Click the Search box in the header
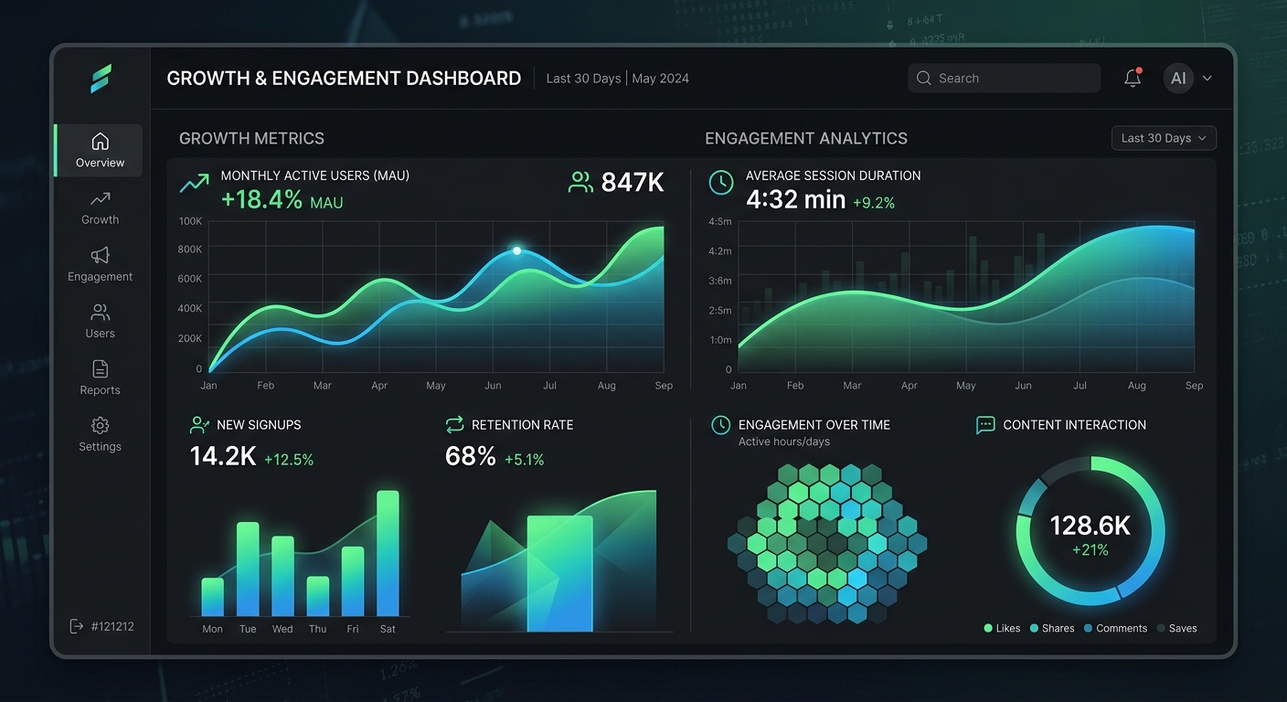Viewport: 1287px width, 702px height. click(1005, 79)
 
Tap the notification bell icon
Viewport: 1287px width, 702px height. click(1133, 78)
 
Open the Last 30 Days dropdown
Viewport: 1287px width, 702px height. click(1164, 138)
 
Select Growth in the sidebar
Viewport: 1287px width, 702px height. click(100, 207)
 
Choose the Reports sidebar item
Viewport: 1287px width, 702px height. click(100, 378)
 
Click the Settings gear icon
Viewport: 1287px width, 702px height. click(100, 426)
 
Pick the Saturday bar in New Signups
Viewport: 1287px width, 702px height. click(388, 553)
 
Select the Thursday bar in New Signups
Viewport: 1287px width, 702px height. click(317, 596)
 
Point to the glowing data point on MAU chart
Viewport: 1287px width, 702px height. click(517, 250)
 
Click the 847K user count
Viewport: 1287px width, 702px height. click(632, 183)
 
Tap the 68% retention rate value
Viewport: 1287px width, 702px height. click(470, 456)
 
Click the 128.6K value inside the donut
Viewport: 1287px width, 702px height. click(1090, 526)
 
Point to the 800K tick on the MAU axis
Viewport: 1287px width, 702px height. click(190, 250)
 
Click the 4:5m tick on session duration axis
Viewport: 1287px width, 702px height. click(720, 221)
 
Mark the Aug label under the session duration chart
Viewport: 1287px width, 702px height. click(1136, 386)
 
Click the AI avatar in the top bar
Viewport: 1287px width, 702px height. click(1178, 79)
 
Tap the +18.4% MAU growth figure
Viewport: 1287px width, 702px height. click(261, 200)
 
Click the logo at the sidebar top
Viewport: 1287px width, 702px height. click(101, 79)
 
